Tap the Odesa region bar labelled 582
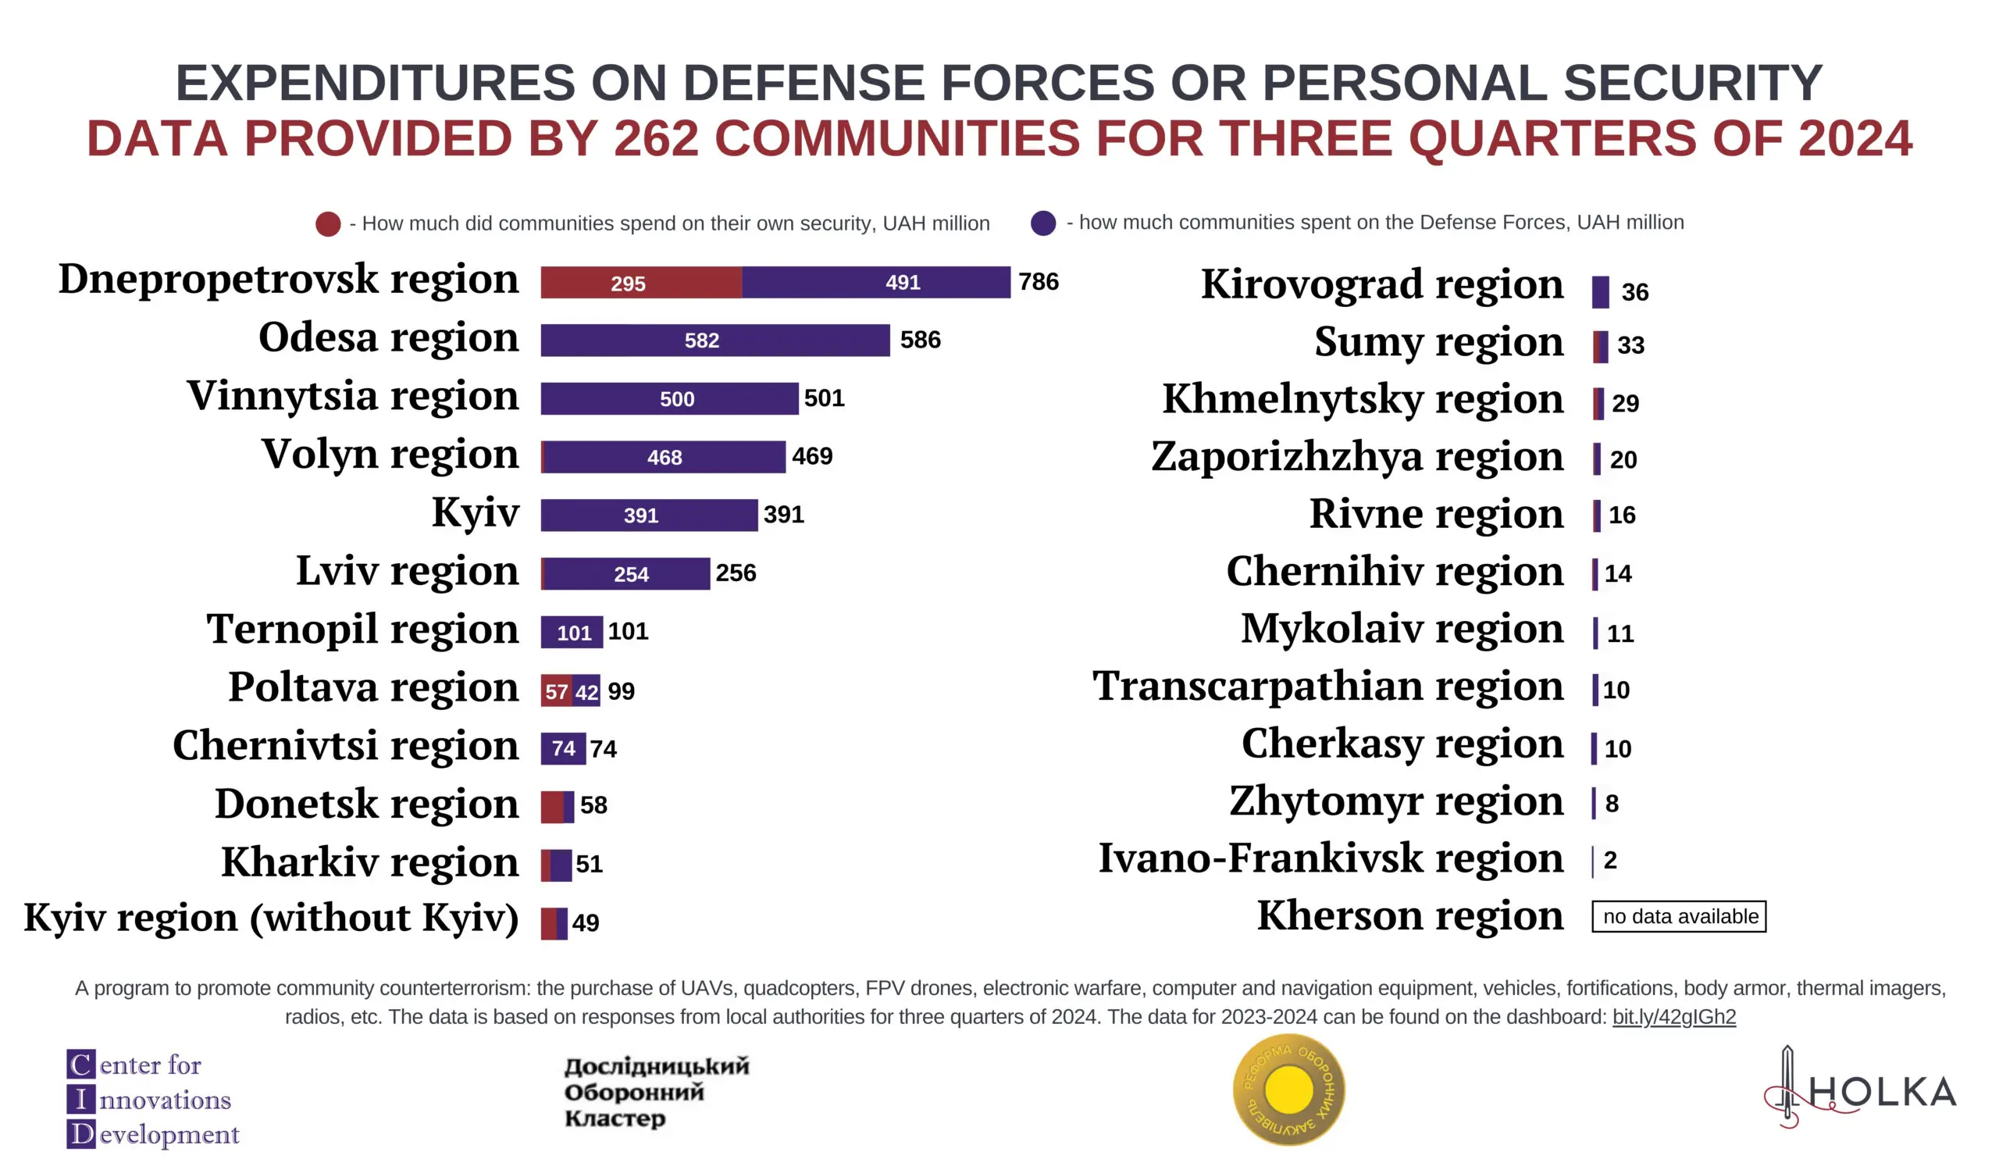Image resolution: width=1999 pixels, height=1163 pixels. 714,341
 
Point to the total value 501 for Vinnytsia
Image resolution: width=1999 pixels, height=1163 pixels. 824,398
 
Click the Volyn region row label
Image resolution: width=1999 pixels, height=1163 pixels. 390,455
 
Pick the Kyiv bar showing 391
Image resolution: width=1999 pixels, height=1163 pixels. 649,515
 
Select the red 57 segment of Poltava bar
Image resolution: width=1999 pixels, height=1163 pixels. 556,691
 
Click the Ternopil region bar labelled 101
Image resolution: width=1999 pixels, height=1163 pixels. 572,633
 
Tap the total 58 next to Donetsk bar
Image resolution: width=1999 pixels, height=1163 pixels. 593,805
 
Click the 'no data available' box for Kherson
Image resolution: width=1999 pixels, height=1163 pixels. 1679,916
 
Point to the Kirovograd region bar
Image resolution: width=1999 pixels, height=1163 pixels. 1600,292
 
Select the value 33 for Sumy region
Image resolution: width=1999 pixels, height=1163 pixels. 1630,345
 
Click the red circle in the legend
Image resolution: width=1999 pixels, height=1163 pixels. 329,223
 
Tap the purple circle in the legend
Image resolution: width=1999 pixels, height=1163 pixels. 1043,223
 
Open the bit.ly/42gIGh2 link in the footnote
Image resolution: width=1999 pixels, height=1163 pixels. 1673,1017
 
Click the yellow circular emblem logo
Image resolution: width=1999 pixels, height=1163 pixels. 1289,1090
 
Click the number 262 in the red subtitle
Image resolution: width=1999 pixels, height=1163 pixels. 655,138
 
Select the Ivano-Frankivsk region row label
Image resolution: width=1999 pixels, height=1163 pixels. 1331,858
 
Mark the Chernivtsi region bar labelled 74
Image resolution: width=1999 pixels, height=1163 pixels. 563,748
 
